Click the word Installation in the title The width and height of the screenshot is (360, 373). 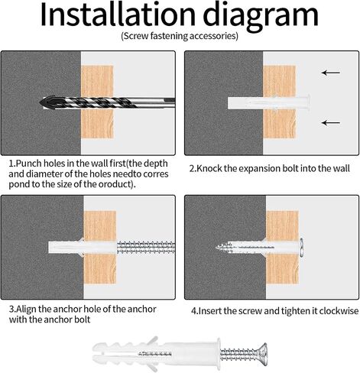click(118, 15)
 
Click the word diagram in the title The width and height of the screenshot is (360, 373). click(261, 17)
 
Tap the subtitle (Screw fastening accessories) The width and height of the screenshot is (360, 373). click(180, 36)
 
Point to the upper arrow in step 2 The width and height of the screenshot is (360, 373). click(331, 73)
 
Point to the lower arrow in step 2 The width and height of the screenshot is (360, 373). click(331, 123)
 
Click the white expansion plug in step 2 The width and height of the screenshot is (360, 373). click(268, 103)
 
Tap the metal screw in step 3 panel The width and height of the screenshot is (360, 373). click(146, 248)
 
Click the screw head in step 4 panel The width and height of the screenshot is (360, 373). click(301, 248)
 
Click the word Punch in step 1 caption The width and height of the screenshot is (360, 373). click(28, 164)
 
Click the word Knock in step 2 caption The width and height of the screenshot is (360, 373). click(209, 168)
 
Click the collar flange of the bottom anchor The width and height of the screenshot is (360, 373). click(219, 353)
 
